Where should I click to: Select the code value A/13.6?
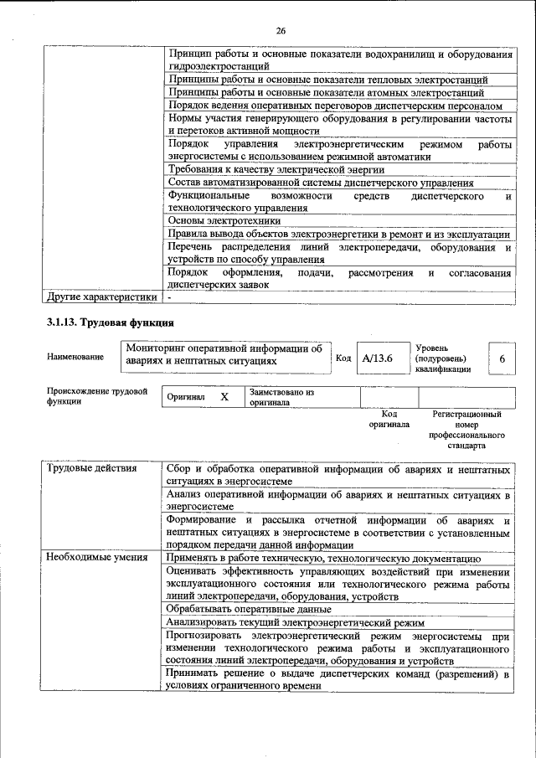point(377,358)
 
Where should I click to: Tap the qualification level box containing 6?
point(502,358)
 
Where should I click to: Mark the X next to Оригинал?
point(224,397)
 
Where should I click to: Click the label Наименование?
point(75,358)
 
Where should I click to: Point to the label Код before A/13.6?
point(343,358)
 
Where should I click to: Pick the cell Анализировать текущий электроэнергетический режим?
point(284,623)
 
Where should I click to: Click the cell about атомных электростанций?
point(327,92)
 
